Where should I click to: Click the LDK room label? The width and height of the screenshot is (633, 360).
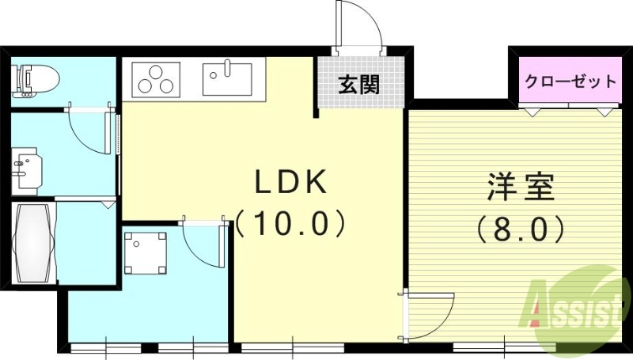pos(290,183)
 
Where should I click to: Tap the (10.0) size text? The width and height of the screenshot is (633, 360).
pos(290,224)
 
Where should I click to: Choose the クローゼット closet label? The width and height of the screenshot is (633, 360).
pos(570,81)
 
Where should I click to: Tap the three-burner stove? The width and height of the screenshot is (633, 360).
pos(155,79)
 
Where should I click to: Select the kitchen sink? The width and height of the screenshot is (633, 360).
pos(226,79)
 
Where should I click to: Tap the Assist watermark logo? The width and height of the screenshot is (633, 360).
pos(575,305)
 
